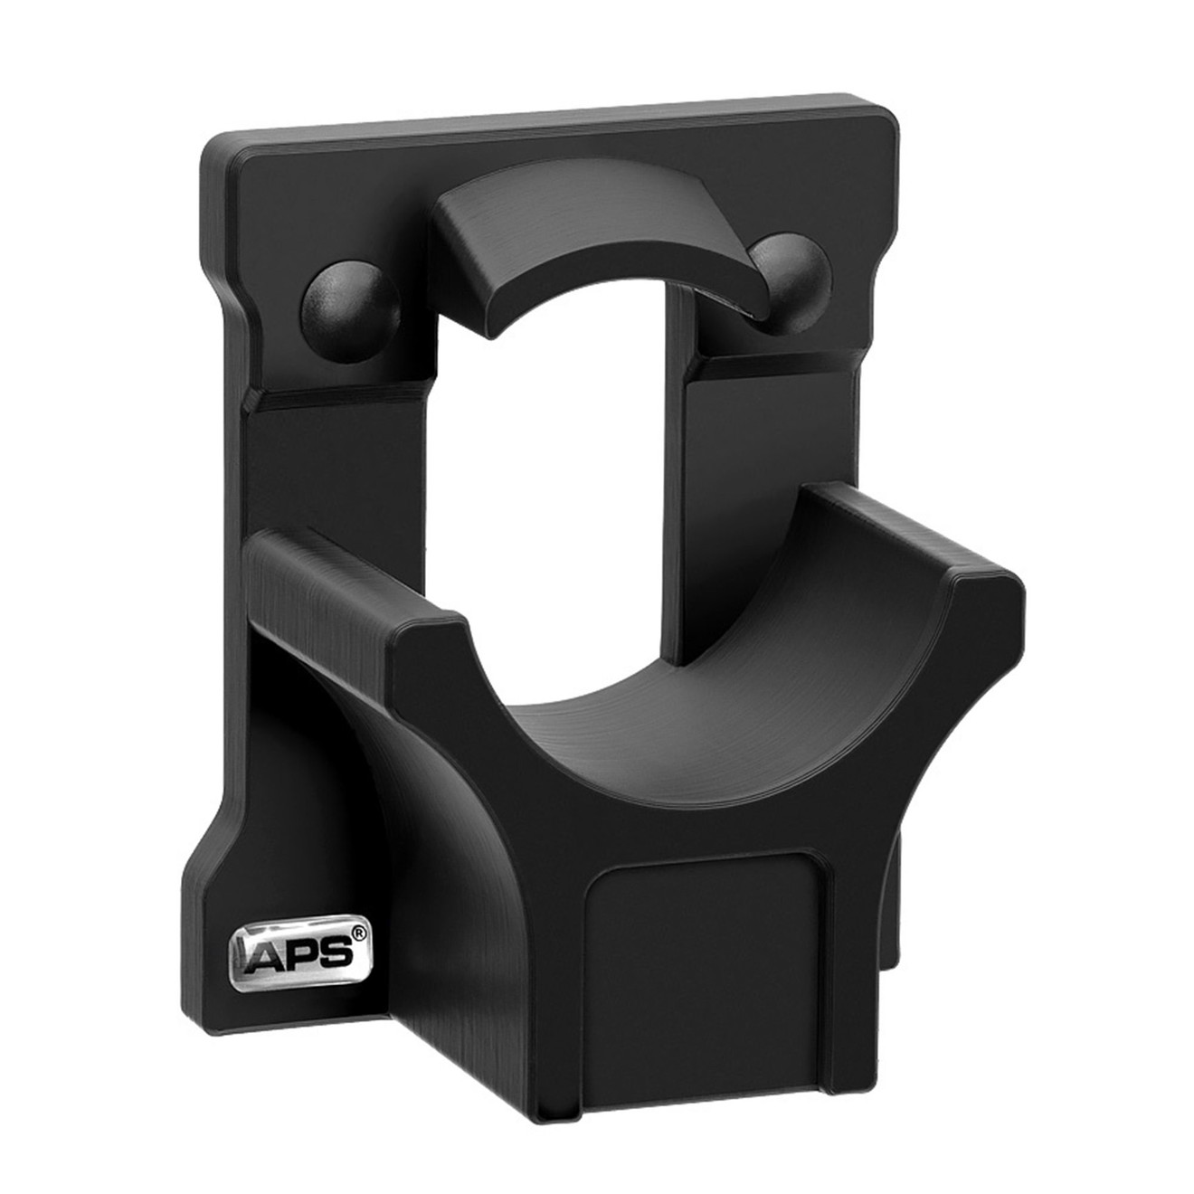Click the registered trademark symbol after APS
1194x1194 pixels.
pyautogui.click(x=359, y=940)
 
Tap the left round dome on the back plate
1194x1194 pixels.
pyautogui.click(x=349, y=300)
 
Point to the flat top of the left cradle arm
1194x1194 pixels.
pyautogui.click(x=353, y=579)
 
